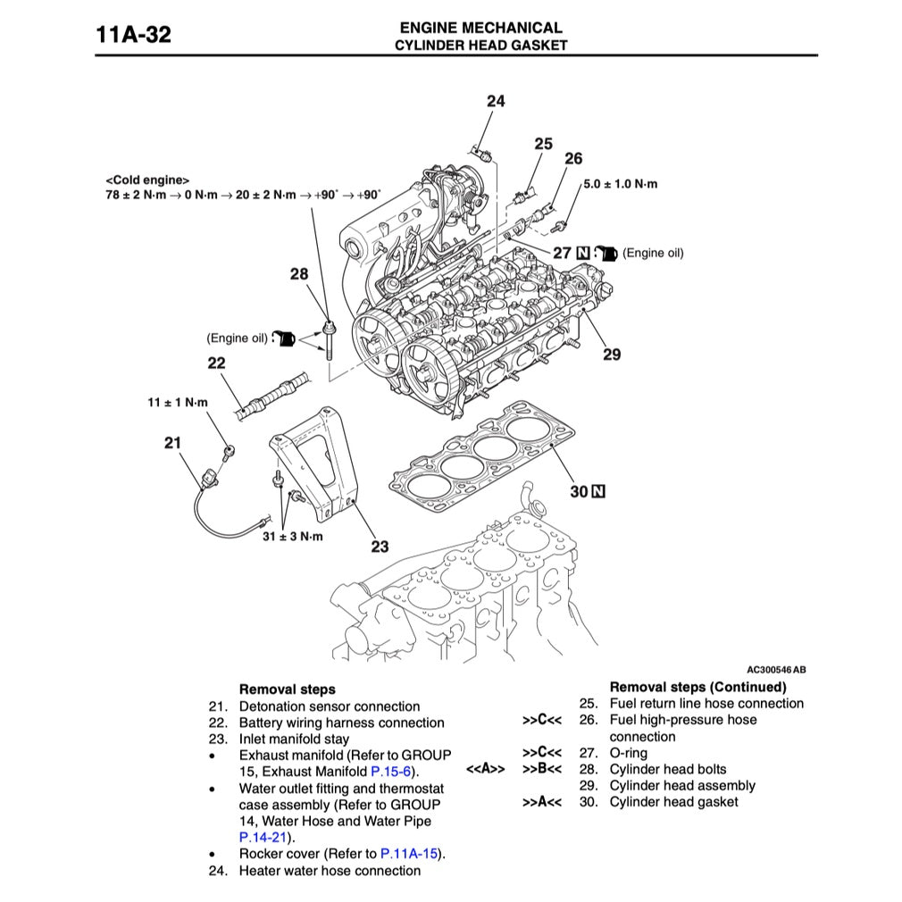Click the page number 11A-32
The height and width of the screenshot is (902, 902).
133,36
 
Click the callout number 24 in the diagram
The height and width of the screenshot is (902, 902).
495,101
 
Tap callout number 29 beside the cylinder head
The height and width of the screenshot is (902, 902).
611,355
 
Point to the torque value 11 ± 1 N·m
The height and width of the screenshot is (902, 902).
178,403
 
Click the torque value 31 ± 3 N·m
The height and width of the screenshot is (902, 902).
292,537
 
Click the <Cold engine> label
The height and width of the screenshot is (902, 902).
147,180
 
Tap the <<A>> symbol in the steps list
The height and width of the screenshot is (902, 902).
485,769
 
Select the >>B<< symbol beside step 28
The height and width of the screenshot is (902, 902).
542,769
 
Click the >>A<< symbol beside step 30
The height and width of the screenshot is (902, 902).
542,802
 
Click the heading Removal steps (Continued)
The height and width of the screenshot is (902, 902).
697,687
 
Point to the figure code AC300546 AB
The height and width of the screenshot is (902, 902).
776,669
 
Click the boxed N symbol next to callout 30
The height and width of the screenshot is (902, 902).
598,490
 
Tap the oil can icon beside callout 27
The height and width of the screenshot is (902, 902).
607,253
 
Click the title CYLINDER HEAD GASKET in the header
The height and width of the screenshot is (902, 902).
480,45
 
